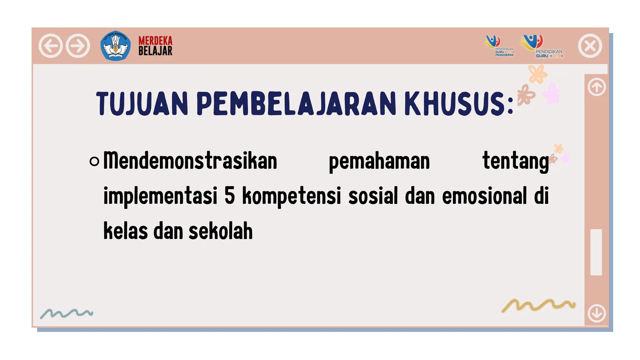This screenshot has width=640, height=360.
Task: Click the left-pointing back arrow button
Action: coord(50,46)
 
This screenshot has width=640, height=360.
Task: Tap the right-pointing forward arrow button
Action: coord(78,46)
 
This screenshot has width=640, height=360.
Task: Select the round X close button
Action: coord(590,46)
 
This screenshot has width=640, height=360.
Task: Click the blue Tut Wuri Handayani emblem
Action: coord(115,46)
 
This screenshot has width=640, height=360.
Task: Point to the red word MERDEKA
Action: coord(155,41)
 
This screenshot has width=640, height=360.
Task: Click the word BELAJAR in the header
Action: coord(155,51)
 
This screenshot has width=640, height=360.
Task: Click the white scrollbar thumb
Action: coord(596,252)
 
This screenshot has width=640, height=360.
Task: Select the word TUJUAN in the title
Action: coord(142,104)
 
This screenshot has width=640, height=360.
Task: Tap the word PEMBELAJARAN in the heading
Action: coord(296,104)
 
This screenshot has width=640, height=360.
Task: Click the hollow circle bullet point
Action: coord(94,161)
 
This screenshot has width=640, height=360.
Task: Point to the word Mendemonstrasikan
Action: coord(190,161)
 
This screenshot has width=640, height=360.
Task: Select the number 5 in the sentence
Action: coord(229,196)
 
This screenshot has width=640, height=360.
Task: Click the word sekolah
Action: coord(221,231)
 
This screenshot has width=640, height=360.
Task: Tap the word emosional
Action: coord(484,196)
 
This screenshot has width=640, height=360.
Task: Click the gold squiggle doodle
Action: coord(538,305)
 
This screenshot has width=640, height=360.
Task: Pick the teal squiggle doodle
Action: coord(67,313)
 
